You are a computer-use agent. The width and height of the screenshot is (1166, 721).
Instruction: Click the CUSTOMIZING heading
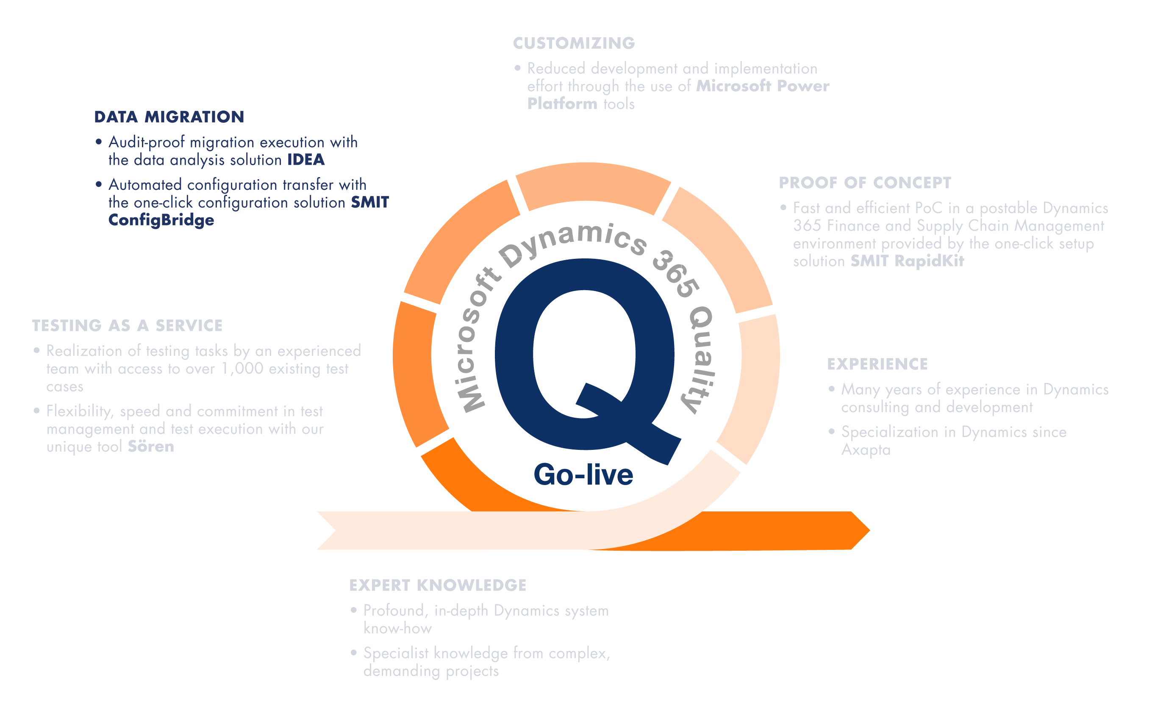tap(574, 43)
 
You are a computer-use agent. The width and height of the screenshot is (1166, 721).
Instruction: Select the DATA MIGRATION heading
tap(169, 117)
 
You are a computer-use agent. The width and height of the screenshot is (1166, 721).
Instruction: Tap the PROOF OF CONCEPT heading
tap(865, 183)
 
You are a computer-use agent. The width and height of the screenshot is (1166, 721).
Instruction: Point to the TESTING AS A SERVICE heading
tap(128, 326)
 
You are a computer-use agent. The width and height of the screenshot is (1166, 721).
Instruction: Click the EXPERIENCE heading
tap(877, 364)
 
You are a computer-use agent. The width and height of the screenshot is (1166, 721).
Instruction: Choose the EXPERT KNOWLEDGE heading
tap(438, 585)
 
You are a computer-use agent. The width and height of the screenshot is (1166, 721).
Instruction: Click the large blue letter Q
tap(584, 358)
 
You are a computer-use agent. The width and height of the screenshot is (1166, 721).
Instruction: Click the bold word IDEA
tap(305, 160)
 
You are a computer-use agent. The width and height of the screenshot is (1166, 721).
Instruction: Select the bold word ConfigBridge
tap(161, 220)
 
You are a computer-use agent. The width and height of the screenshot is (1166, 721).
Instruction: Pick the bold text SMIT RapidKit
tap(907, 261)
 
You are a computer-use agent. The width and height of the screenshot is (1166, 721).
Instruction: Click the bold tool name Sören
tap(151, 447)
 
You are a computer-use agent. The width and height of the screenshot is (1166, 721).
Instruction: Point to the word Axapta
tap(866, 449)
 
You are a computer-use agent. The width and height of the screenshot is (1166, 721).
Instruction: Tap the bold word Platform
tap(562, 103)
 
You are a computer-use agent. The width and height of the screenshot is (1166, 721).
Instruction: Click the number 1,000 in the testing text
tap(242, 369)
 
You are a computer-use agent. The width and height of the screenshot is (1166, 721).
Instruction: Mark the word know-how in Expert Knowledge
tap(398, 629)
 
